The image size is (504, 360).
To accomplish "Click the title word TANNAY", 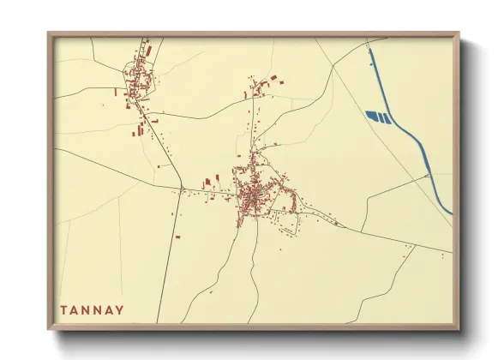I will [92, 309].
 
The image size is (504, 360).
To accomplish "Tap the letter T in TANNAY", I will [63, 309].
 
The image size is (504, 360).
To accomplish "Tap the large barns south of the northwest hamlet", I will [136, 131].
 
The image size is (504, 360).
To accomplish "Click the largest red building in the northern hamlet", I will [274, 78].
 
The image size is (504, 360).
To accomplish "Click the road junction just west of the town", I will [183, 187].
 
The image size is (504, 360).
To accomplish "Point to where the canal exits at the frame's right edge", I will [451, 213].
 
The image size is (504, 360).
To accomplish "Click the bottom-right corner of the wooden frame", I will [458, 328].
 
